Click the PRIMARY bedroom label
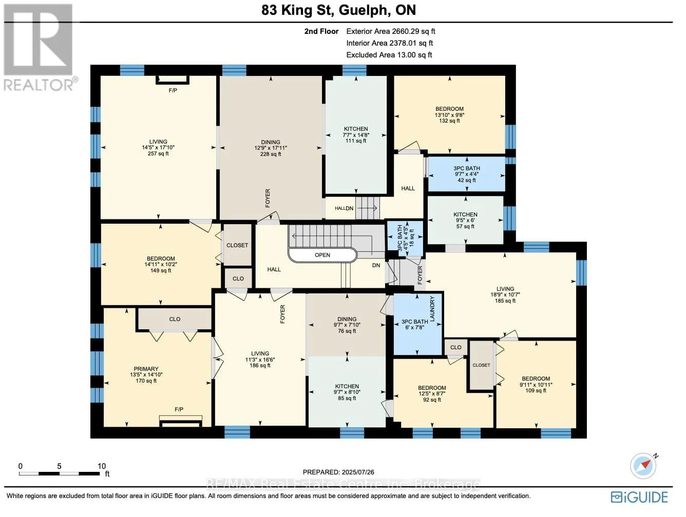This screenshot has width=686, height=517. [x=146, y=369]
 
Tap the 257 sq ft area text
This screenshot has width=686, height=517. [x=158, y=153]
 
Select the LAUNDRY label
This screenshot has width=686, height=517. [x=432, y=309]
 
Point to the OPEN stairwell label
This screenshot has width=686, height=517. [x=322, y=255]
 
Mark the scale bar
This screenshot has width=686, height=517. [x=60, y=473]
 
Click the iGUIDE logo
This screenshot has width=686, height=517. [x=639, y=497]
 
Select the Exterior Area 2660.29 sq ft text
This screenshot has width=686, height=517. [x=391, y=31]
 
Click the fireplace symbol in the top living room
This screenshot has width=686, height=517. [x=173, y=80]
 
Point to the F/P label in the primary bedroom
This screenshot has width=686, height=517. [x=179, y=409]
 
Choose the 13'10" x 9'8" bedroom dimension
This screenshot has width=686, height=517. [x=449, y=114]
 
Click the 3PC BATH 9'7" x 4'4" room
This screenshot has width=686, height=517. [x=466, y=174]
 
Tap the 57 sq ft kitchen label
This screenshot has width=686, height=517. [x=465, y=226]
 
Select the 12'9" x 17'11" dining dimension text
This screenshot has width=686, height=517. [x=271, y=148]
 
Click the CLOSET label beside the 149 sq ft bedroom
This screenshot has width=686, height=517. [x=237, y=245]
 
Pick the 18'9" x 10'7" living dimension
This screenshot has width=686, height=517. [x=505, y=294]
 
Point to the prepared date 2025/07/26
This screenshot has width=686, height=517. [x=338, y=472]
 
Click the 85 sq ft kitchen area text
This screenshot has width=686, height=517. [x=347, y=398]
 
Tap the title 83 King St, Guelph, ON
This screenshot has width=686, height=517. [x=339, y=10]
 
